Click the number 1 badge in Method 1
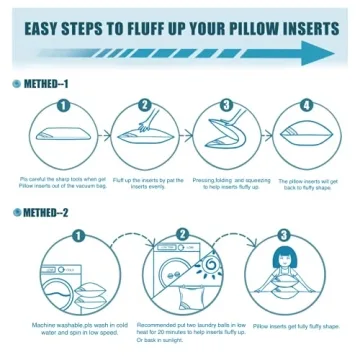(x=62, y=104)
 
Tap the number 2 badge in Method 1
(x=146, y=104)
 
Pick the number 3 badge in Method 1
(x=226, y=104)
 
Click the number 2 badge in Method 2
(x=182, y=236)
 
